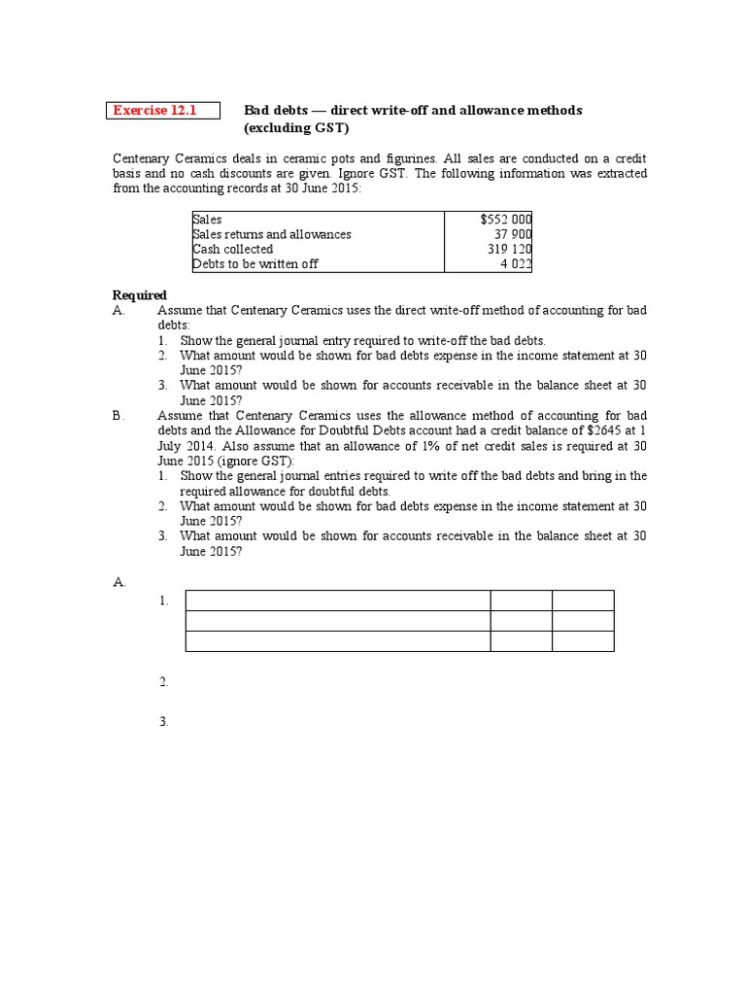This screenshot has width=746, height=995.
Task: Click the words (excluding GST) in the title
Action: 295,128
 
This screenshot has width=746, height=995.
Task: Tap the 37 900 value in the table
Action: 513,234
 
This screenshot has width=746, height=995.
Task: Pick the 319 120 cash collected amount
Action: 509,249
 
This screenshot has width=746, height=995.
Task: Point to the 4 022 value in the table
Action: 516,263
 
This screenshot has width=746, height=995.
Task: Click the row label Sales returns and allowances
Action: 272,234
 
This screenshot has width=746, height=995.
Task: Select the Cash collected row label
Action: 233,249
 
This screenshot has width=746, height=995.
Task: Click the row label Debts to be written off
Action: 255,263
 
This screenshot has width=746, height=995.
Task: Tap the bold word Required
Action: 140,295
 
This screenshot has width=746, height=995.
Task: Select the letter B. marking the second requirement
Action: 119,415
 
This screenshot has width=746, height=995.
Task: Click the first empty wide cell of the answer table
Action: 337,600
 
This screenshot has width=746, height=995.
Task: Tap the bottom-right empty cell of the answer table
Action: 583,640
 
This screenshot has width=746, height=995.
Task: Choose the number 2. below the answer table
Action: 164,682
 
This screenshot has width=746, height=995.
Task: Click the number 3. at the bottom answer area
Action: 164,722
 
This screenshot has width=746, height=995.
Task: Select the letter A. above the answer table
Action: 119,581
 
